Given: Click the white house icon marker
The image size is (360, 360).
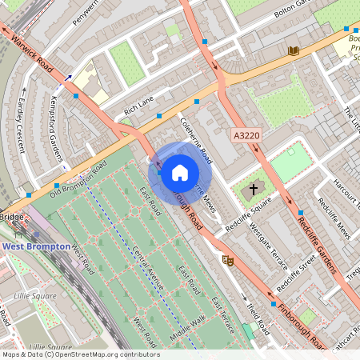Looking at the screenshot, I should [x=180, y=171].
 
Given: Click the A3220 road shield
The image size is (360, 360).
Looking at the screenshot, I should [x=246, y=137].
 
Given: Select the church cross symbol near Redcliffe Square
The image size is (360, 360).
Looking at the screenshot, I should [x=254, y=190].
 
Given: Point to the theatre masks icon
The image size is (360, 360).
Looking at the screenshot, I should [x=227, y=260].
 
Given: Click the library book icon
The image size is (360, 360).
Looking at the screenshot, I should [x=294, y=51].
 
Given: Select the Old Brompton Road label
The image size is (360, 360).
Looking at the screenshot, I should [x=78, y=180].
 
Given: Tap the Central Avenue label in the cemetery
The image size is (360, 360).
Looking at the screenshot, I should [x=148, y=268].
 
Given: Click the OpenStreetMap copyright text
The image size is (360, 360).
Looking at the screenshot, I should [x=80, y=354].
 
